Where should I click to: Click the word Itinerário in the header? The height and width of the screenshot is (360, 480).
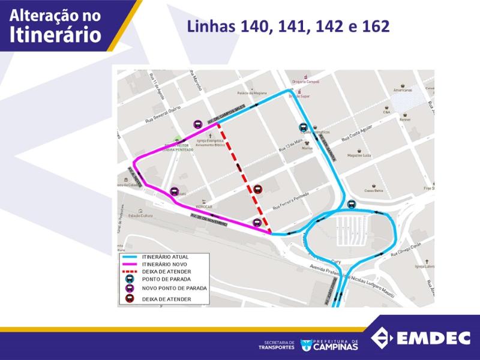(x=55, y=34)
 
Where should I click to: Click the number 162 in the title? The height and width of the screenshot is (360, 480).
(x=376, y=26)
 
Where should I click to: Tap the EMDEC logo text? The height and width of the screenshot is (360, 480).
(x=432, y=338)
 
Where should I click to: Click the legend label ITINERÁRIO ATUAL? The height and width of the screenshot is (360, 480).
(x=165, y=257)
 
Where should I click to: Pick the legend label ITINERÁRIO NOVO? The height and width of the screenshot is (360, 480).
(x=165, y=264)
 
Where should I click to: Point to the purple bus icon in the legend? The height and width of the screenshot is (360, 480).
(x=130, y=288)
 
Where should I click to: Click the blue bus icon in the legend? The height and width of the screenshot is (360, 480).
(x=130, y=279)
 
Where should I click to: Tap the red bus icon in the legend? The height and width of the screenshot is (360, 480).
(x=130, y=299)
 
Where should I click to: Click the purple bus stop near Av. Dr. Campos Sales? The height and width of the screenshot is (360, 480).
(x=197, y=124)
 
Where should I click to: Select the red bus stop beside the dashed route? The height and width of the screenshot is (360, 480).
(x=258, y=188)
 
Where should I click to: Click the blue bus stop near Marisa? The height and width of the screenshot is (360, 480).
(x=303, y=127)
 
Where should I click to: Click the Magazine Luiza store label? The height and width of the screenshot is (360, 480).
(x=360, y=155)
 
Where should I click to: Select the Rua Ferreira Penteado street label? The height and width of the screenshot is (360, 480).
(x=292, y=202)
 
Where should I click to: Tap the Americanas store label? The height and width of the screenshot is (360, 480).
(x=403, y=90)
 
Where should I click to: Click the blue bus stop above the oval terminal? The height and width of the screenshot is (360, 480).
(x=352, y=203)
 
